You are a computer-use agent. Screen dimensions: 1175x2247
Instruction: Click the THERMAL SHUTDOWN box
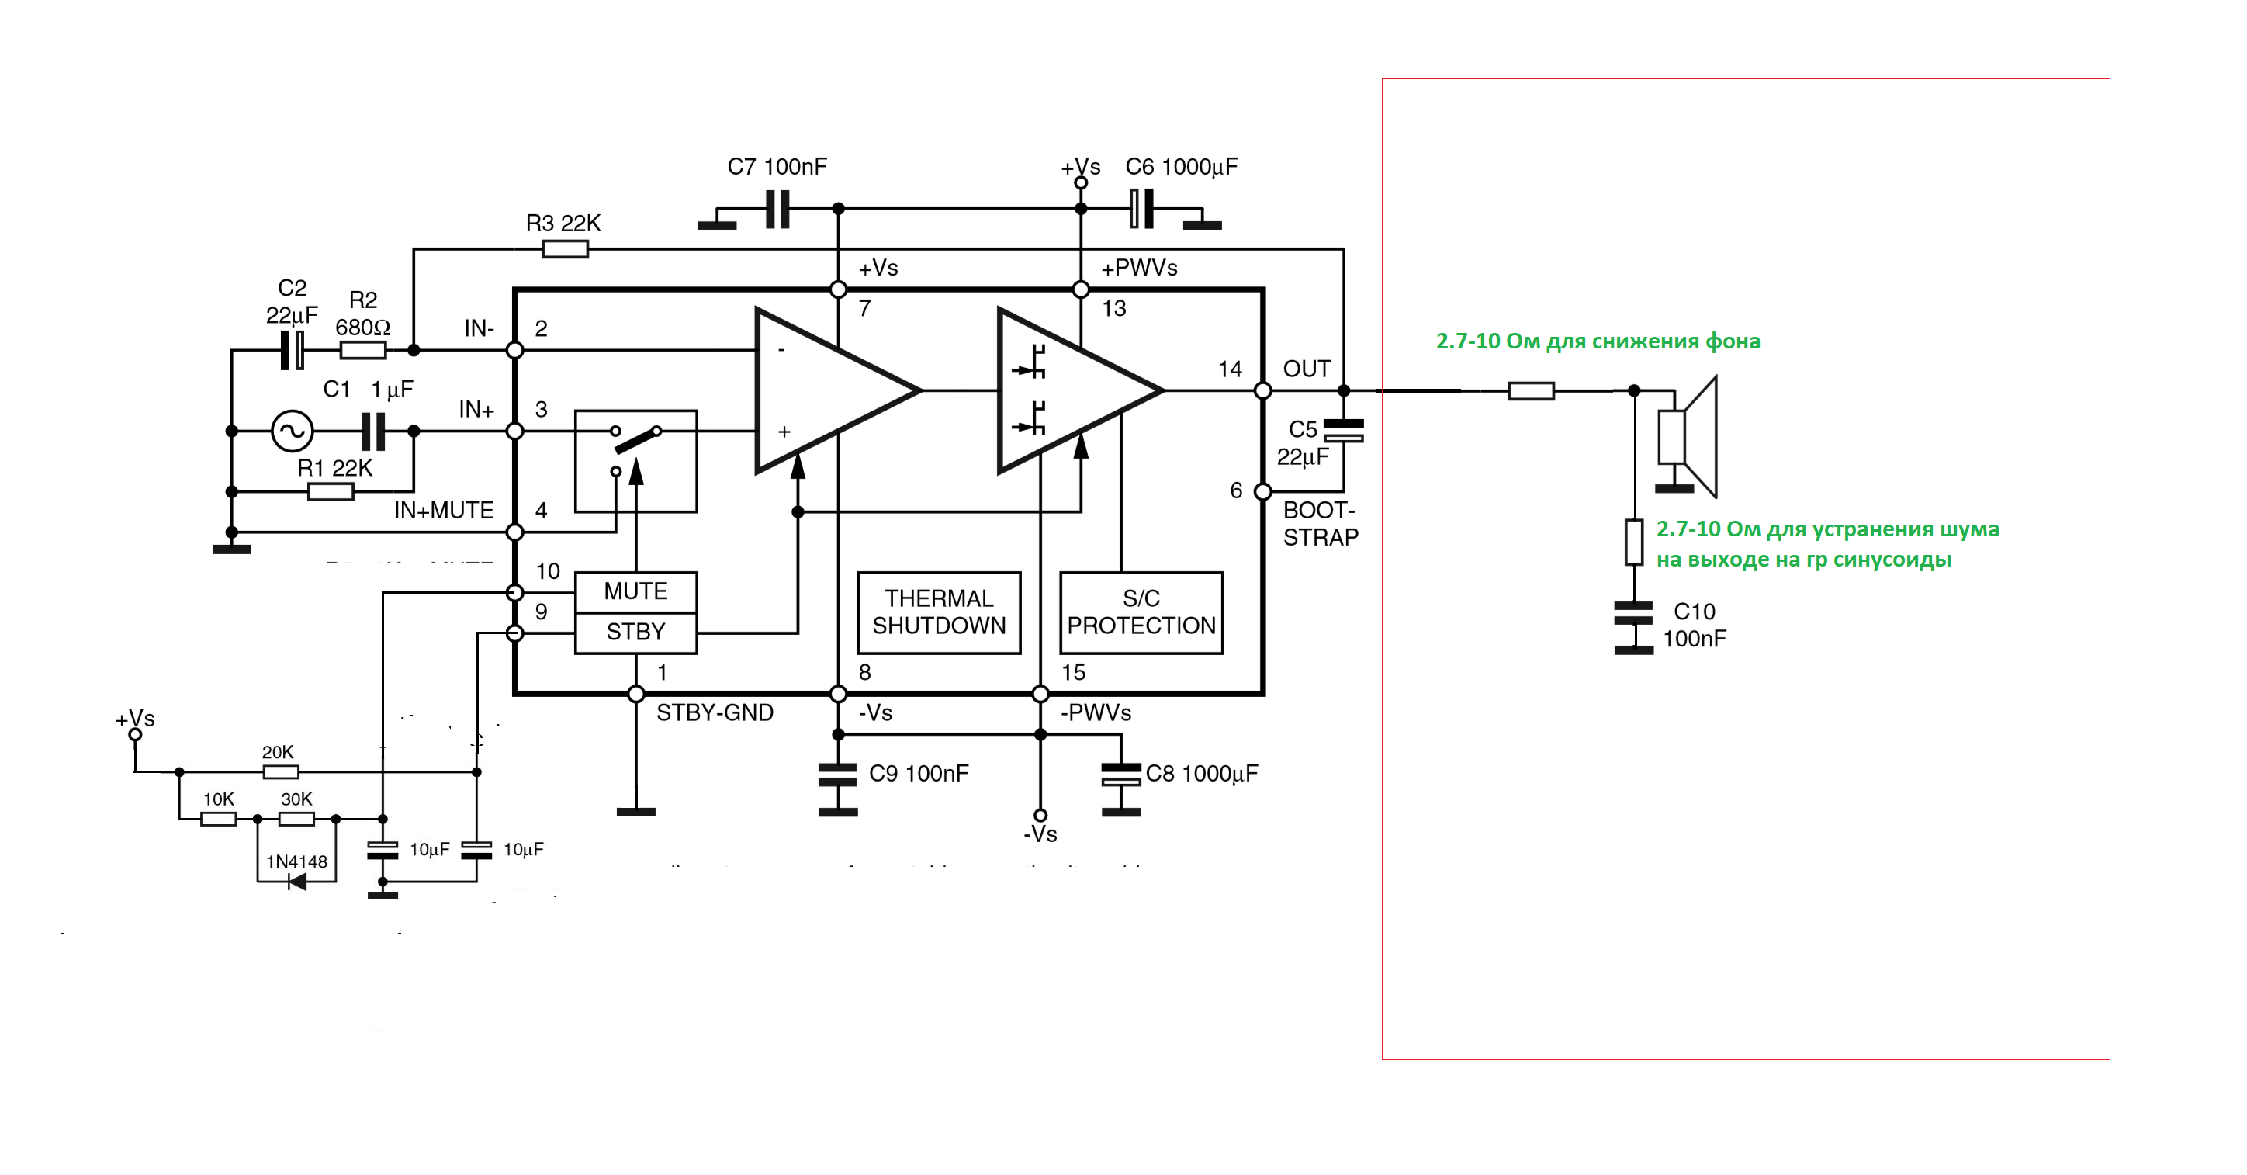click(939, 612)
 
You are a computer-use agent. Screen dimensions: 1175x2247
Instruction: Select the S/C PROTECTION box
click(1141, 612)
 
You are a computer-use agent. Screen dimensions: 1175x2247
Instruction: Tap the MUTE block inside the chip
click(636, 591)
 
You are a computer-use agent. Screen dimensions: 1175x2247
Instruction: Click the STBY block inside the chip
click(636, 632)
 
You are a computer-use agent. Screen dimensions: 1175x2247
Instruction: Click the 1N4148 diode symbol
click(297, 882)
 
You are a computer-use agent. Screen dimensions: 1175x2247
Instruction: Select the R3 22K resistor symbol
click(565, 249)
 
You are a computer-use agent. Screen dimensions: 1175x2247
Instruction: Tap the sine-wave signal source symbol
click(293, 431)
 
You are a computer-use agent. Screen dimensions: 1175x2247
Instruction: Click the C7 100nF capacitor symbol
click(777, 210)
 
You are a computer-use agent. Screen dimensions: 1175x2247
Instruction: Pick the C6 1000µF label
click(1181, 167)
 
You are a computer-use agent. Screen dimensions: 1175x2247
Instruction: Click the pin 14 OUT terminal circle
click(1262, 391)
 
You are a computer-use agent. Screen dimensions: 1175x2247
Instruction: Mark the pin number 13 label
click(1114, 309)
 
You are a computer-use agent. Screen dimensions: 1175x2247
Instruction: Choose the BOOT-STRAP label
click(1320, 523)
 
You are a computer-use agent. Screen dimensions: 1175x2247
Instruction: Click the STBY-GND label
click(715, 712)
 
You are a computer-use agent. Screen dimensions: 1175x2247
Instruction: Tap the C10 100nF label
click(1694, 626)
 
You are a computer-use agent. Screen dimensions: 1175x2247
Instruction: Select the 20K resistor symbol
click(281, 772)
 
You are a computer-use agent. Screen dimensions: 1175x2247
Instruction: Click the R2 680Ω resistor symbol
click(363, 351)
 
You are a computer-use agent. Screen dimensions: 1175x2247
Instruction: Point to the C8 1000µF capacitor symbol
click(1121, 775)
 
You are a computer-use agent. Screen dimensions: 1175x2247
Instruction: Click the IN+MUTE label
click(443, 511)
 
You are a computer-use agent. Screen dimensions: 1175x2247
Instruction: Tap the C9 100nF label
click(919, 774)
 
